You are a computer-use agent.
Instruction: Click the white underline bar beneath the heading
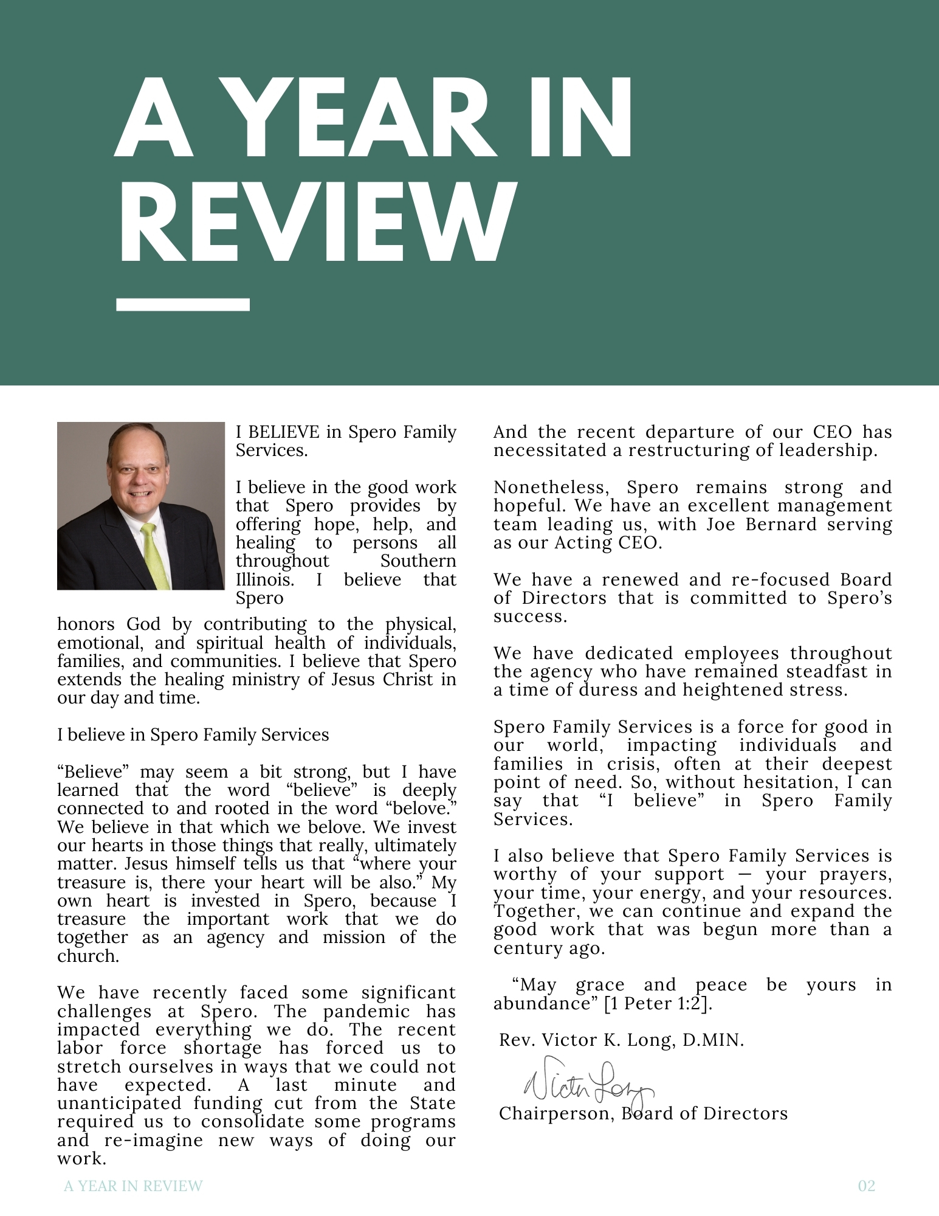point(183,304)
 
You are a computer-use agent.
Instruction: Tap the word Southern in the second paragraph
point(418,561)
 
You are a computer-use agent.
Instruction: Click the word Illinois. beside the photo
point(264,579)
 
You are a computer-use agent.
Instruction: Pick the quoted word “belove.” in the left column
point(425,809)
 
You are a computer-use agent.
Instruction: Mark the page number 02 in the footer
point(866,1186)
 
